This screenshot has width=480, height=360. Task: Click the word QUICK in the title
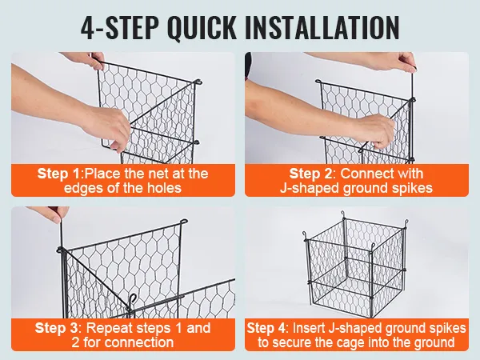[202, 26]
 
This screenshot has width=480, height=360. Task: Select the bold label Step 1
[58, 174]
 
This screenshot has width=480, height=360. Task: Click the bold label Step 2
[310, 174]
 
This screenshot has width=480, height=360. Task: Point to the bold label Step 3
[57, 328]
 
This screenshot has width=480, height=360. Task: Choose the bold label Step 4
[267, 328]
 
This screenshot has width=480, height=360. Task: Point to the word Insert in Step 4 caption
[308, 328]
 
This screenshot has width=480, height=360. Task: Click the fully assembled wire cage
[355, 263]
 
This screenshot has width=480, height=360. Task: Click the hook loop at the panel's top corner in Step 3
[184, 222]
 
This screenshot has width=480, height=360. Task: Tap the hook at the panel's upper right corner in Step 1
[198, 82]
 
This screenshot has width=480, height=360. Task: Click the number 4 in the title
[87, 27]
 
